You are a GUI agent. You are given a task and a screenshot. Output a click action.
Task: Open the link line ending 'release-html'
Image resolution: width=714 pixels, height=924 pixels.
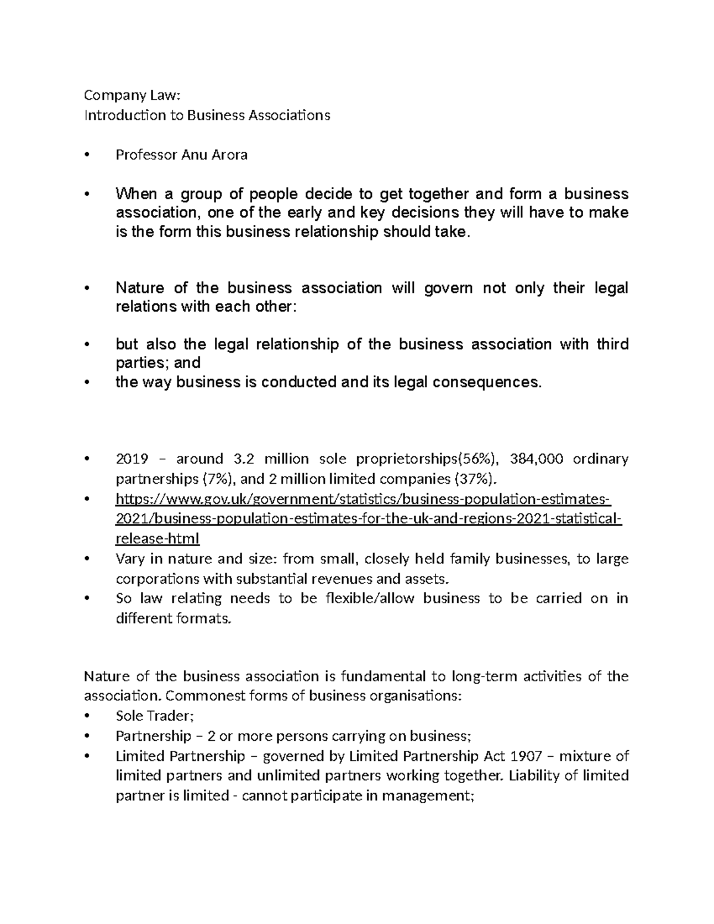pyautogui.click(x=157, y=538)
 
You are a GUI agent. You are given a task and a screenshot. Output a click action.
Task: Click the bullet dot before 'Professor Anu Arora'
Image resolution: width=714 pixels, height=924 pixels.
pyautogui.click(x=88, y=155)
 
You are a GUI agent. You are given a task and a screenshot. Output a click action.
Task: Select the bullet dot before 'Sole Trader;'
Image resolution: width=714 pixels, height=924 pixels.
pyautogui.click(x=88, y=717)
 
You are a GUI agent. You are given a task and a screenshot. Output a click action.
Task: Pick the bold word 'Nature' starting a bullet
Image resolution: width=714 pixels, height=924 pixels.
pyautogui.click(x=140, y=288)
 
